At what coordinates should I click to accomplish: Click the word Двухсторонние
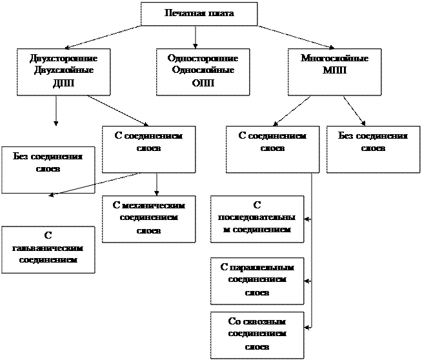coord(63,59)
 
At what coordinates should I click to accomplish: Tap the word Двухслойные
coord(63,70)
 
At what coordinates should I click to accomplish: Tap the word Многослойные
coord(335,59)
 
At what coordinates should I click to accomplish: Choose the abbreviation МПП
coord(335,70)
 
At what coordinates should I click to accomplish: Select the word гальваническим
coord(48,248)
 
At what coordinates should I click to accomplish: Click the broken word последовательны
coord(257,217)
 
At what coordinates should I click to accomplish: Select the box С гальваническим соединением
coord(48,249)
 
